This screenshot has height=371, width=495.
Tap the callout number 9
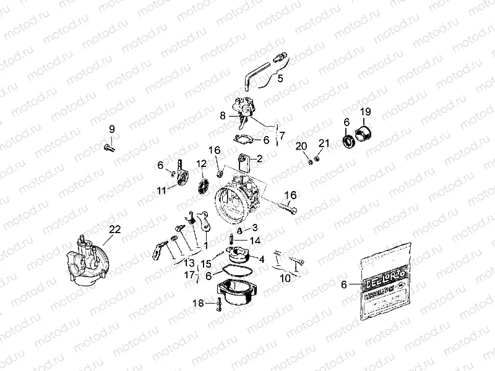click(112, 129)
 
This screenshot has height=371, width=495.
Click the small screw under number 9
click(110, 147)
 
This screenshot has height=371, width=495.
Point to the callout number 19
click(366, 112)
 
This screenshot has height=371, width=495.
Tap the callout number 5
click(280, 79)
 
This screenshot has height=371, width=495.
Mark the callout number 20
click(300, 147)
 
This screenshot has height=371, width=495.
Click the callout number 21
click(322, 144)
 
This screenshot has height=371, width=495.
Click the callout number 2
click(259, 158)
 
